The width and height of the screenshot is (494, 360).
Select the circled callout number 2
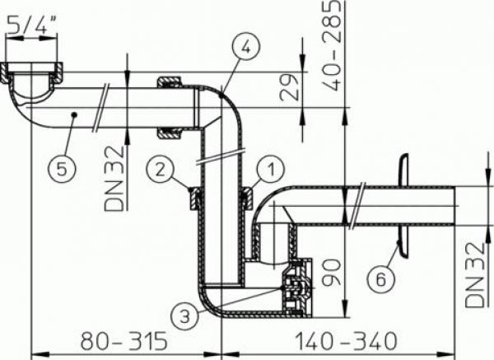(161, 170)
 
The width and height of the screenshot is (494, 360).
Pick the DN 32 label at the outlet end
(474, 271)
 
